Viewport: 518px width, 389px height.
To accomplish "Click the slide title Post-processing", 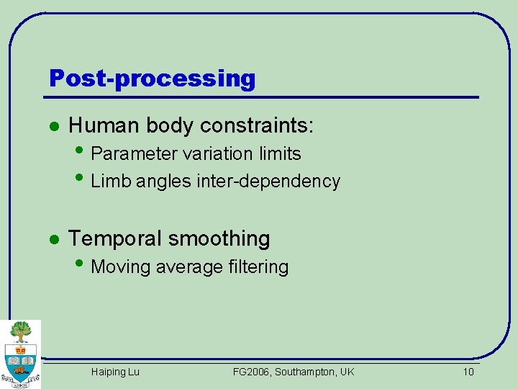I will [152, 78].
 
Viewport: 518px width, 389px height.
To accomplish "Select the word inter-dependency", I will [268, 182].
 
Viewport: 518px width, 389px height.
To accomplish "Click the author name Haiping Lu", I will [115, 372].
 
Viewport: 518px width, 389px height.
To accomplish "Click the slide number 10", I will [468, 372].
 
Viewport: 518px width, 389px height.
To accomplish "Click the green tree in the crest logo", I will [22, 331].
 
